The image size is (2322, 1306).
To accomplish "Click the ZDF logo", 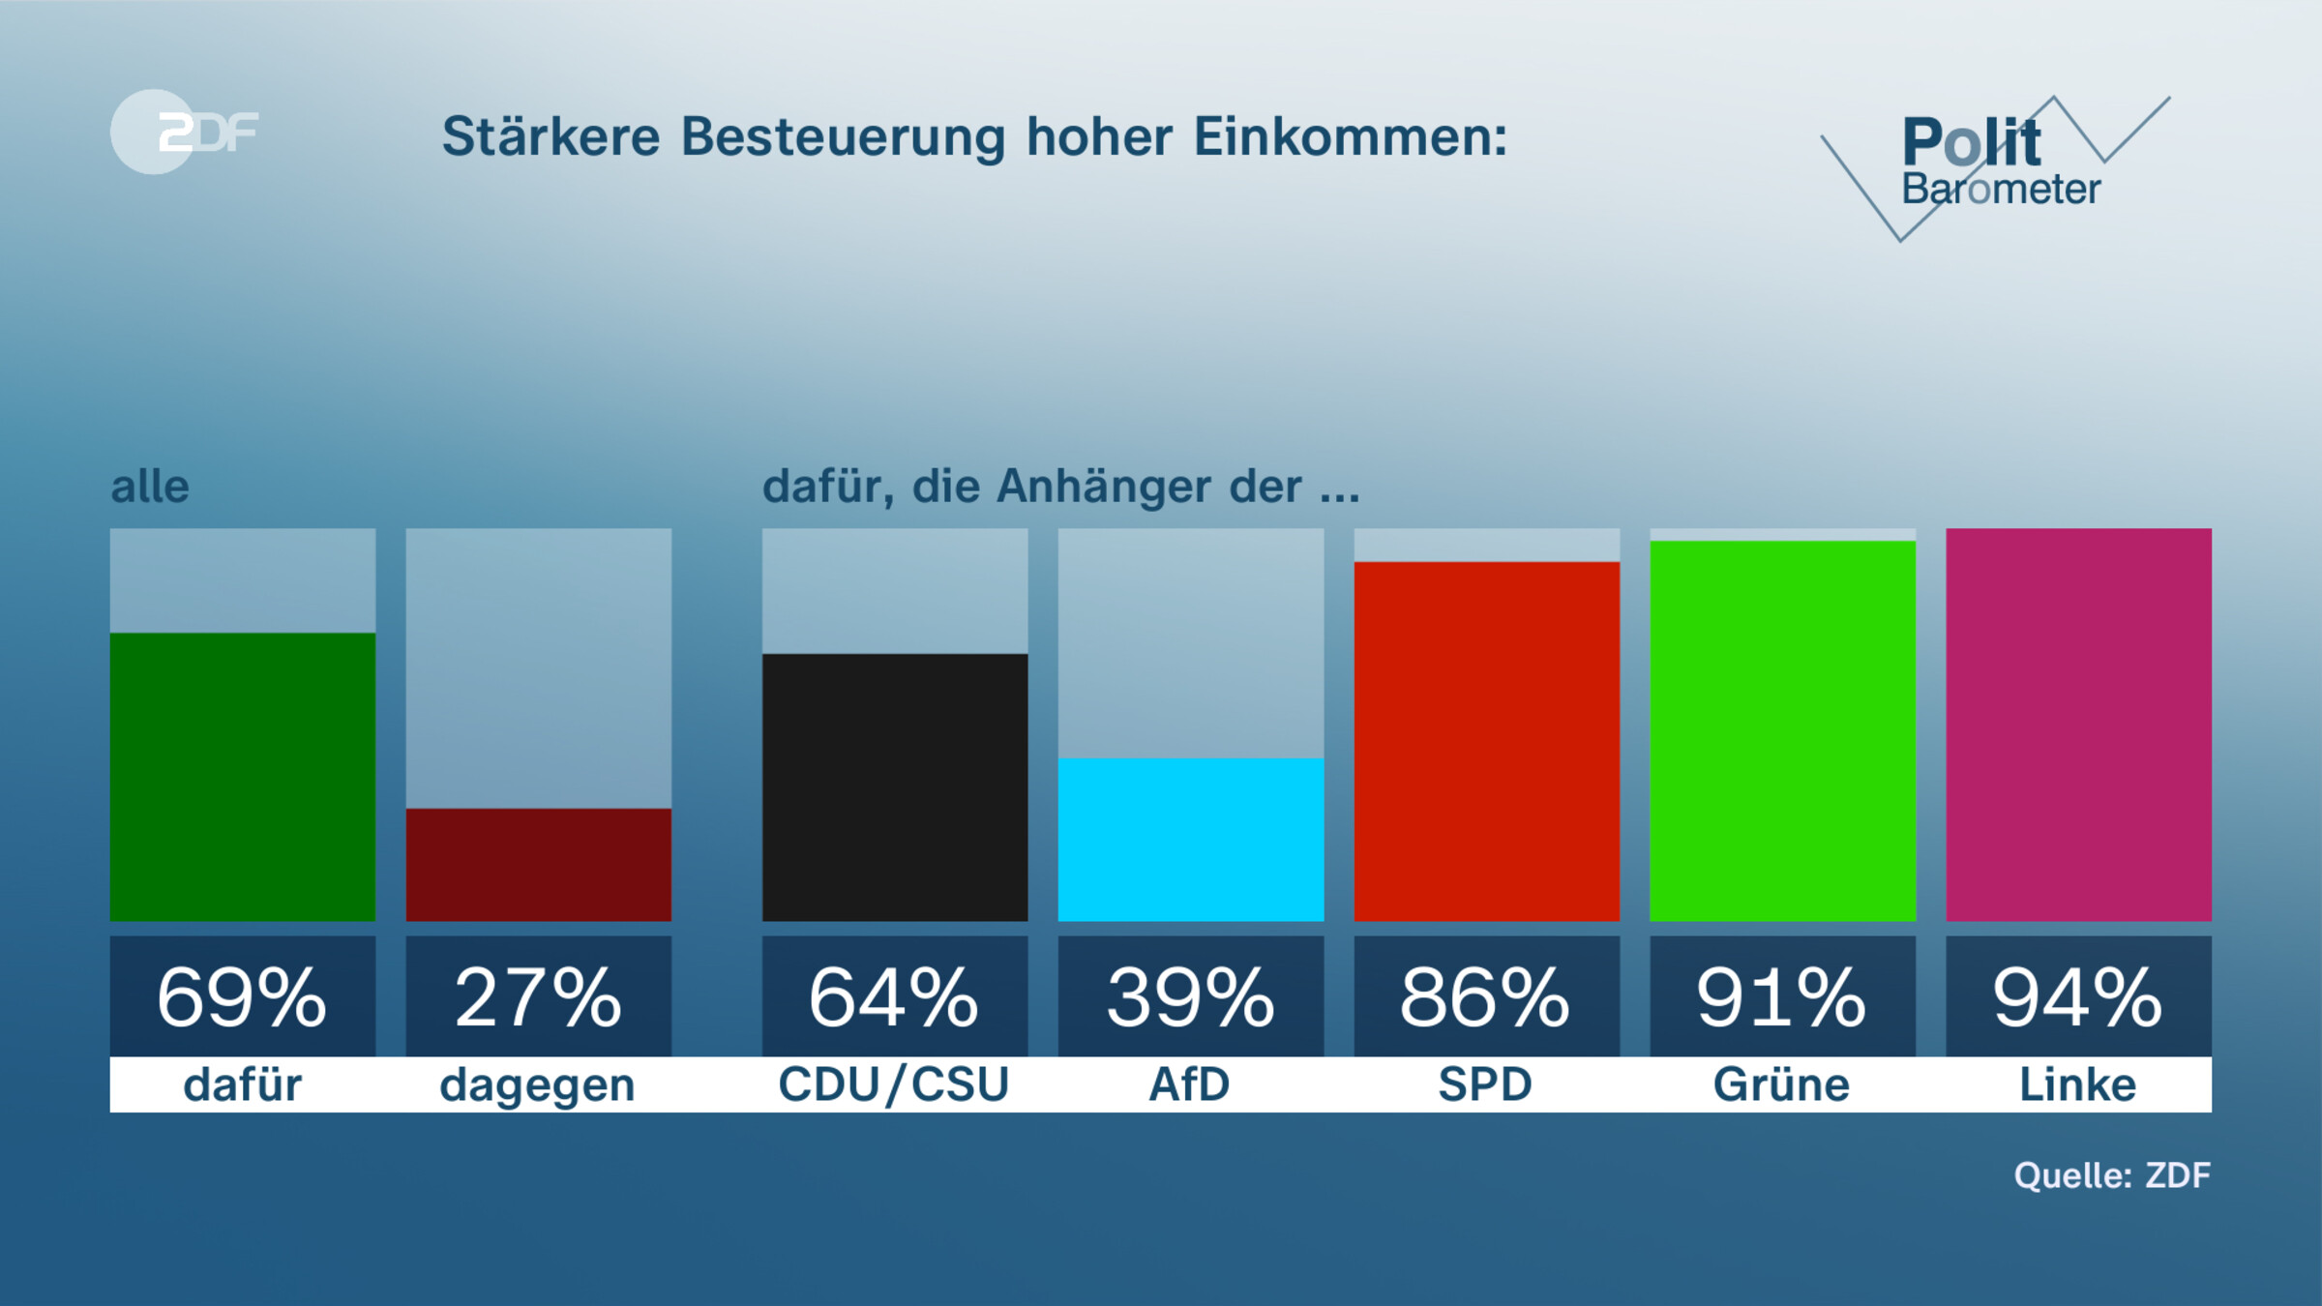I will (184, 132).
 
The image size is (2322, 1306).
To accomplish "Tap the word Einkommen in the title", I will (1350, 136).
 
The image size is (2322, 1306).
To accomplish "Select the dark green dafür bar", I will (242, 777).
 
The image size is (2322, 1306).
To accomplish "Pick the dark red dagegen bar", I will (538, 864).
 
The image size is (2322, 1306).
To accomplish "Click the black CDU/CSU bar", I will (894, 787).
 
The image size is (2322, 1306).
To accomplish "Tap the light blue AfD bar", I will (1190, 839).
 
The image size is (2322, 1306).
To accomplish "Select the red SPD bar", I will (1486, 741).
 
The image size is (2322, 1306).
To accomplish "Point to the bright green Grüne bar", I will (1782, 730).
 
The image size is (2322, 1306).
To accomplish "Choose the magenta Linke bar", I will (2078, 725).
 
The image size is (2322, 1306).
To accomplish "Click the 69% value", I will (242, 996).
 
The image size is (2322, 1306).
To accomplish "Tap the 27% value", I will (538, 996).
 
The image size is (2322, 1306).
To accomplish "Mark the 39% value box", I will (1190, 996).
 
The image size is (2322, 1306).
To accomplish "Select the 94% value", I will (2078, 996).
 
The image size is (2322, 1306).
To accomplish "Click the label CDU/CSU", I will (894, 1084).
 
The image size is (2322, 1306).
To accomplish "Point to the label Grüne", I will (1781, 1084).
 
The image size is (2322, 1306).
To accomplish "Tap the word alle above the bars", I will (150, 487).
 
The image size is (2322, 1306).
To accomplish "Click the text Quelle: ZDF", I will (2111, 1175).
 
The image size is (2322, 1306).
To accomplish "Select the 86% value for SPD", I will (1486, 996).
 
